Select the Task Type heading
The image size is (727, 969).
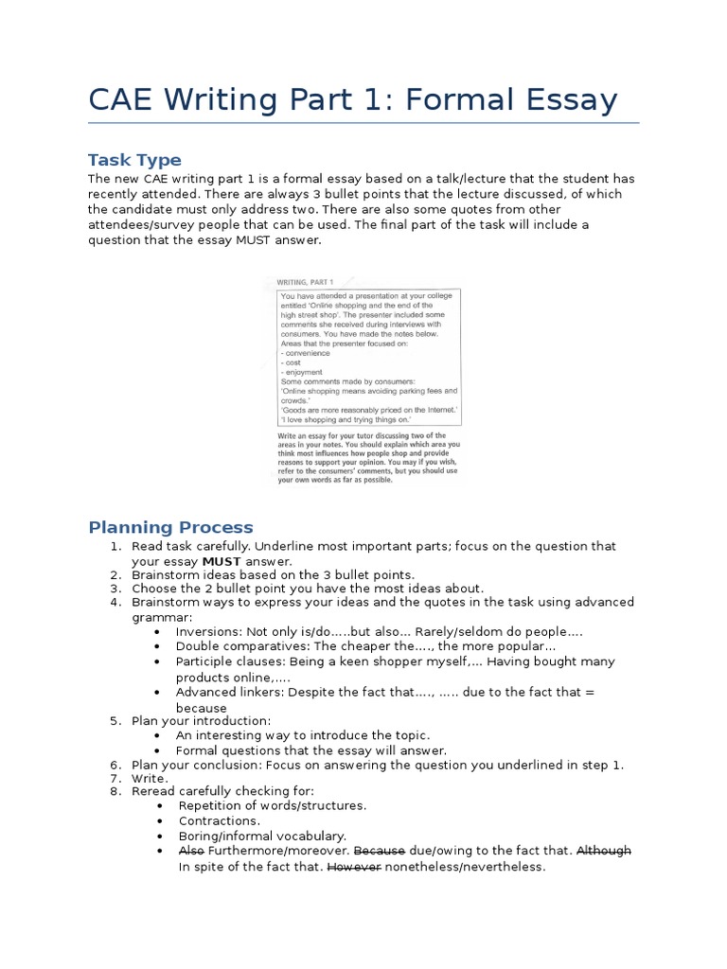[x=134, y=159]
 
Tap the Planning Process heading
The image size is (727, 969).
[x=170, y=527]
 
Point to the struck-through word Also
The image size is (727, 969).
[x=191, y=851]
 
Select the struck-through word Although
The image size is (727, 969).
[x=604, y=851]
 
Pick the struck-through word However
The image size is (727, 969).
[x=354, y=867]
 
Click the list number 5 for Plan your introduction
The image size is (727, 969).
[x=115, y=721]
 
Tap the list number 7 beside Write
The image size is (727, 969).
[x=115, y=778]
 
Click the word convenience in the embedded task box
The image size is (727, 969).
[x=306, y=353]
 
